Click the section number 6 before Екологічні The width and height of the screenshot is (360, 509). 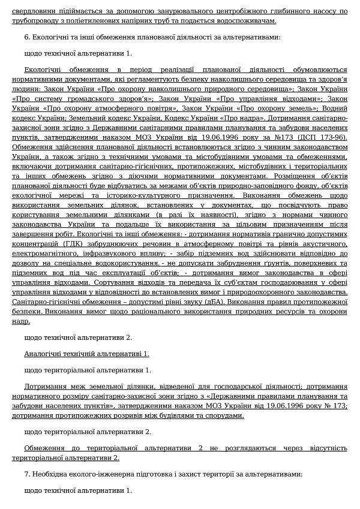click(26, 37)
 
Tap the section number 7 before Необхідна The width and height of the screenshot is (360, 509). click(26, 474)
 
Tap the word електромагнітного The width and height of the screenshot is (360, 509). click(50, 254)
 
